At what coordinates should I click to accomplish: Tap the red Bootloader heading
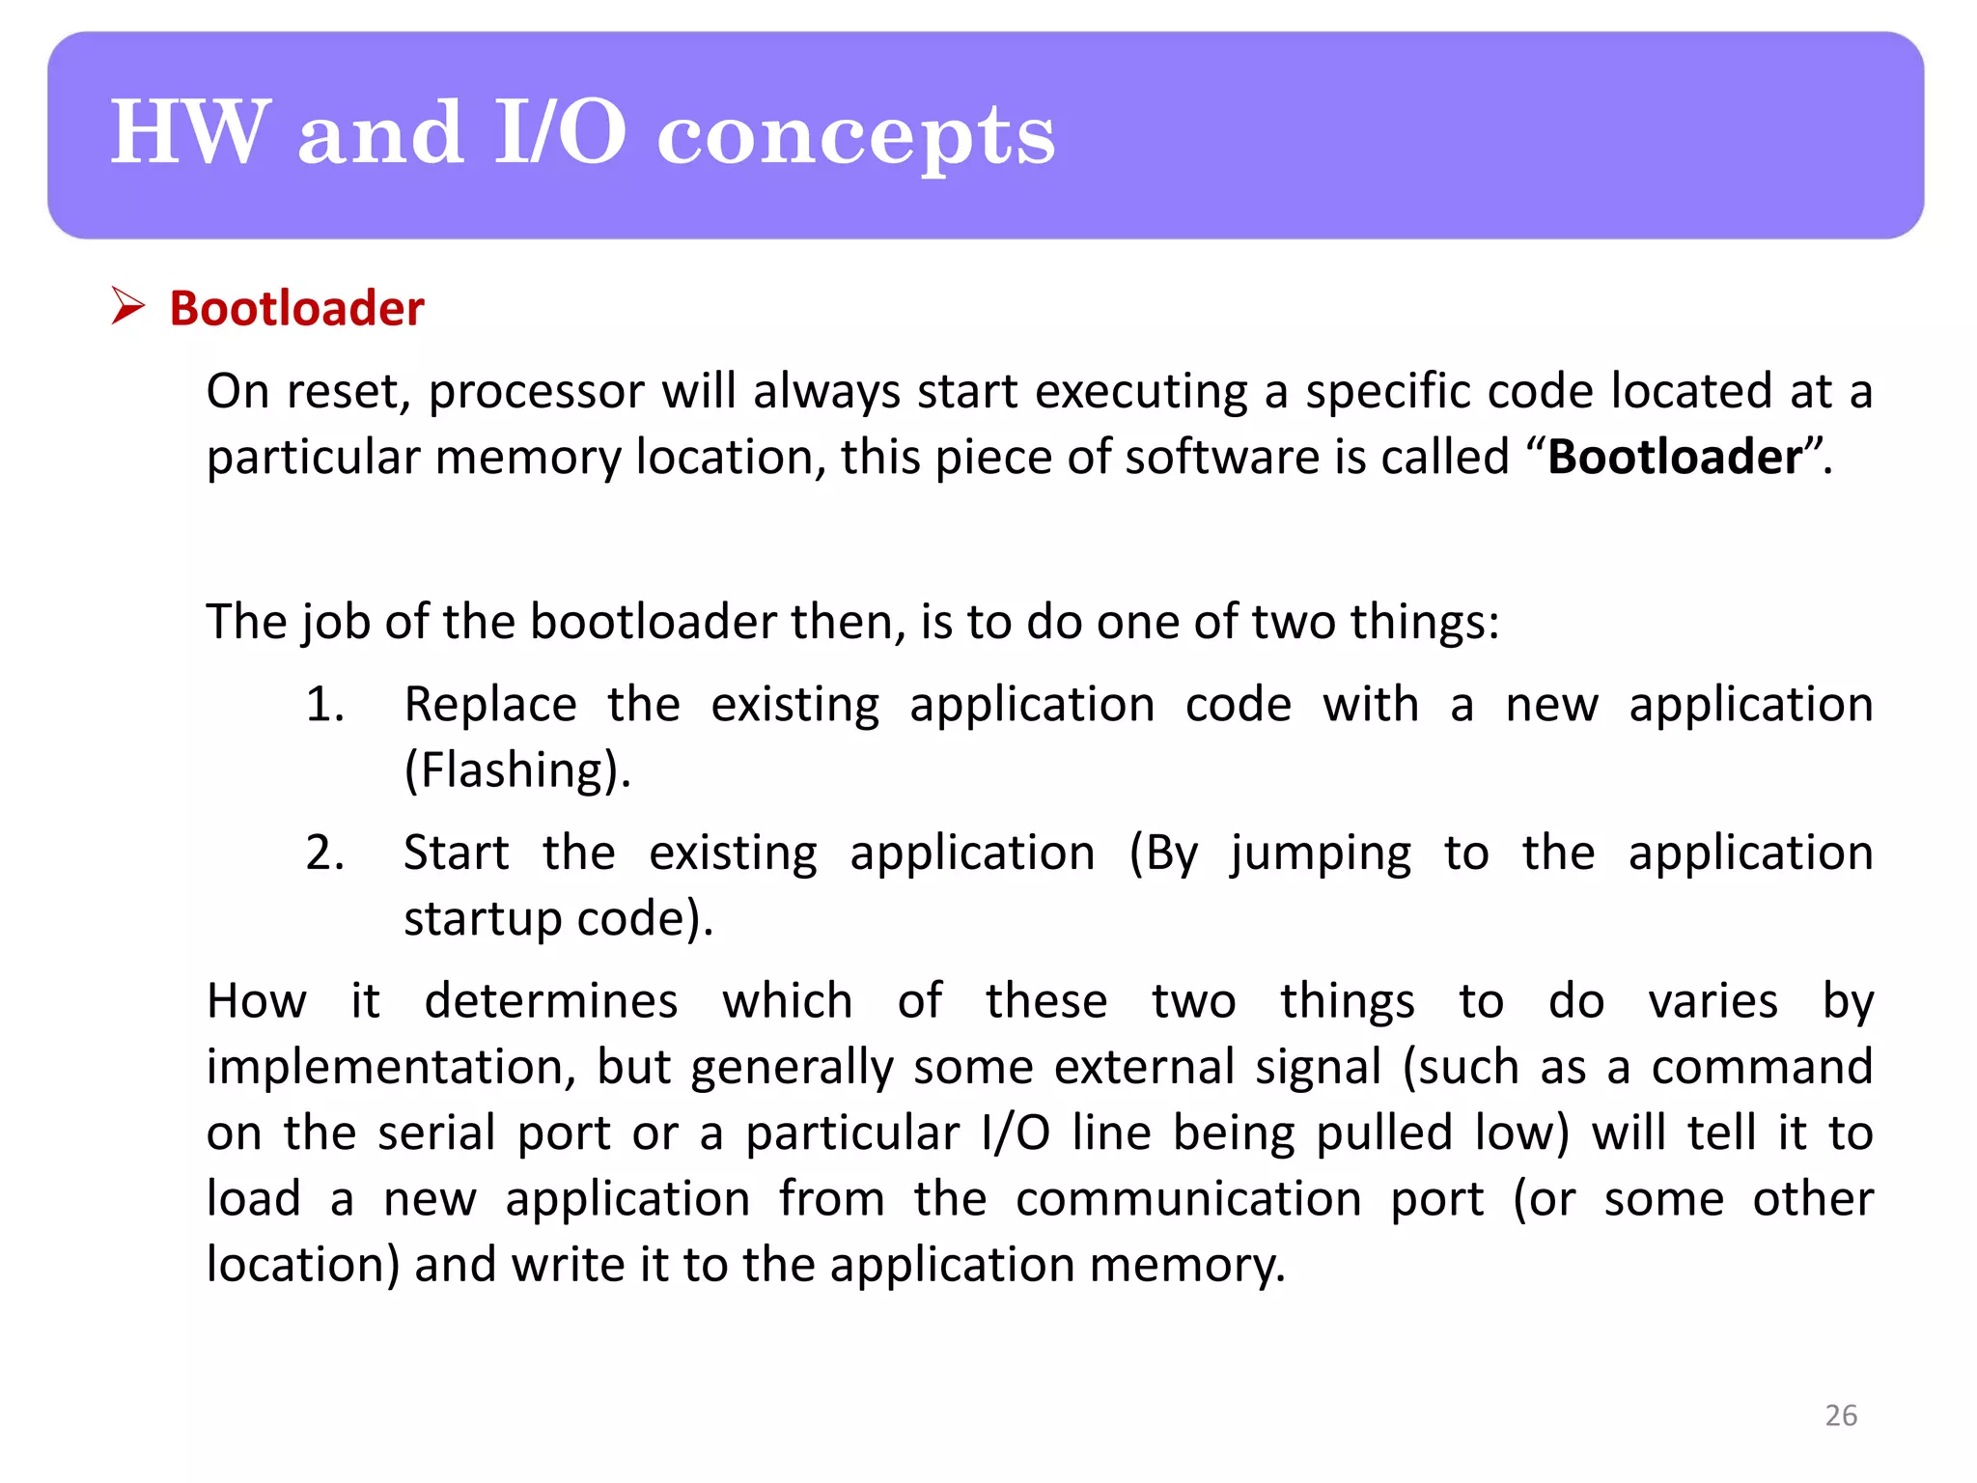click(296, 309)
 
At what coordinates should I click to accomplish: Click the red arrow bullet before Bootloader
click(127, 306)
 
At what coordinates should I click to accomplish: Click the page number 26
click(1840, 1415)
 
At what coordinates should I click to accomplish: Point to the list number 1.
click(324, 704)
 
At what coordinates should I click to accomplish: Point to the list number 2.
click(324, 853)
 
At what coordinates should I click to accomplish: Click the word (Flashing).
click(517, 771)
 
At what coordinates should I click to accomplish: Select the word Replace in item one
click(490, 704)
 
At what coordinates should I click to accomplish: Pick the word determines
click(551, 1001)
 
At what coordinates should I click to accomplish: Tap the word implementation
click(392, 1068)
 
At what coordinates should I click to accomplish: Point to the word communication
click(1188, 1199)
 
